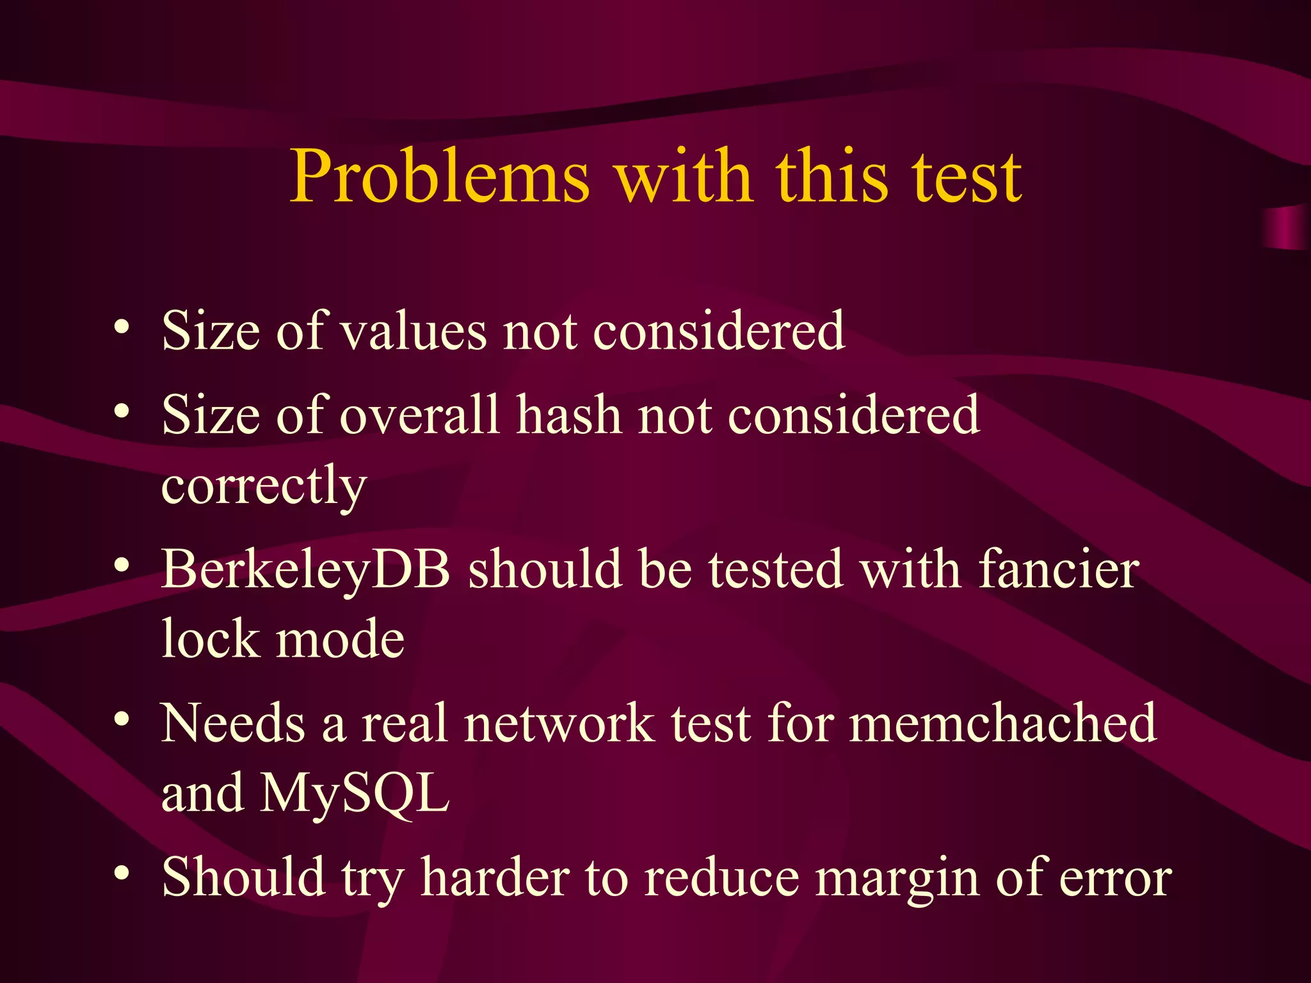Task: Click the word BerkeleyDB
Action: (x=306, y=570)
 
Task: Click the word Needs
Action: (x=233, y=723)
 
